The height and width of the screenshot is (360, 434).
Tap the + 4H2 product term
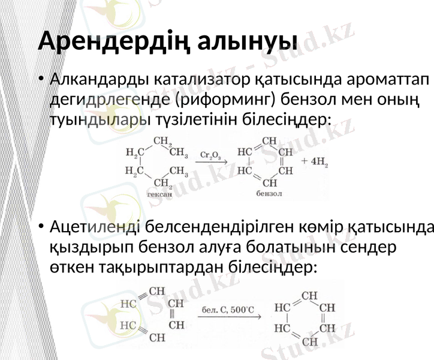tap(315, 161)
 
